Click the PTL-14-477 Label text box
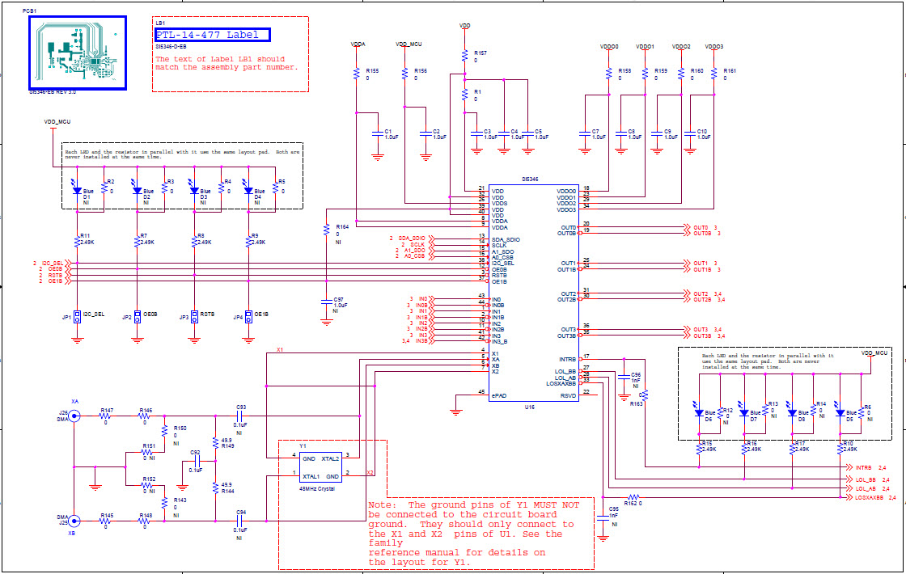[212, 35]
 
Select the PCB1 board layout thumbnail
[77, 52]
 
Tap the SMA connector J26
[74, 416]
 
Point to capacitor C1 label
[388, 130]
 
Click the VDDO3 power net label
[713, 47]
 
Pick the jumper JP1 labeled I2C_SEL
[77, 315]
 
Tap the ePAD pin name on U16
[498, 395]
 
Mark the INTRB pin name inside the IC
[567, 358]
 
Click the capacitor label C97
[339, 299]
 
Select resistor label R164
[342, 227]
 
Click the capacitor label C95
[614, 509]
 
